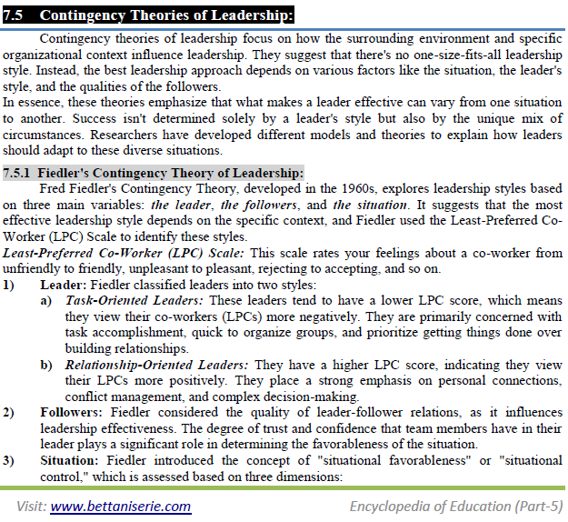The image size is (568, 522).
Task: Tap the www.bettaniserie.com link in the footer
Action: [121, 506]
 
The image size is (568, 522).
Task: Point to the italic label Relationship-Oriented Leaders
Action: [146, 363]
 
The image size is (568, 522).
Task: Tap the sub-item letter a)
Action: [46, 299]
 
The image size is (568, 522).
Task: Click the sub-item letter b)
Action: [46, 363]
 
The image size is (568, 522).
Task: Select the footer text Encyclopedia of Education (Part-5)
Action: [456, 506]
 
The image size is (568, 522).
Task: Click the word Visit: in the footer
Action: [31, 506]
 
